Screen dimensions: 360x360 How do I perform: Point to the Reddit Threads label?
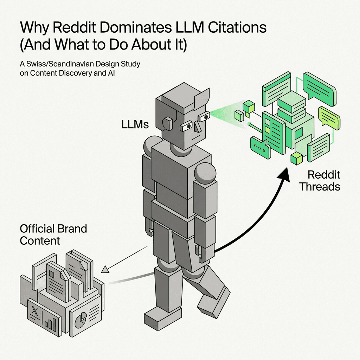pyautogui.click(x=319, y=180)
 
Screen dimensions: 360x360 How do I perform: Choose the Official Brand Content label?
pyautogui.click(x=53, y=234)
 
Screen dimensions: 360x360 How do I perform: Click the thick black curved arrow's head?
pyautogui.click(x=283, y=174)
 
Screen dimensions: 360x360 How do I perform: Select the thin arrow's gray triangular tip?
pyautogui.click(x=104, y=270)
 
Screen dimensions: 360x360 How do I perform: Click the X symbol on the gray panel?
pyautogui.click(x=34, y=311)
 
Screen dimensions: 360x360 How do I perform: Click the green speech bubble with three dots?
pyautogui.click(x=259, y=148)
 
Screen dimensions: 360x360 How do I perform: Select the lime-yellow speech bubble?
pyautogui.click(x=329, y=117)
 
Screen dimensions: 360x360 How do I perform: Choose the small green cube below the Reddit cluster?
pyautogui.click(x=297, y=158)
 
